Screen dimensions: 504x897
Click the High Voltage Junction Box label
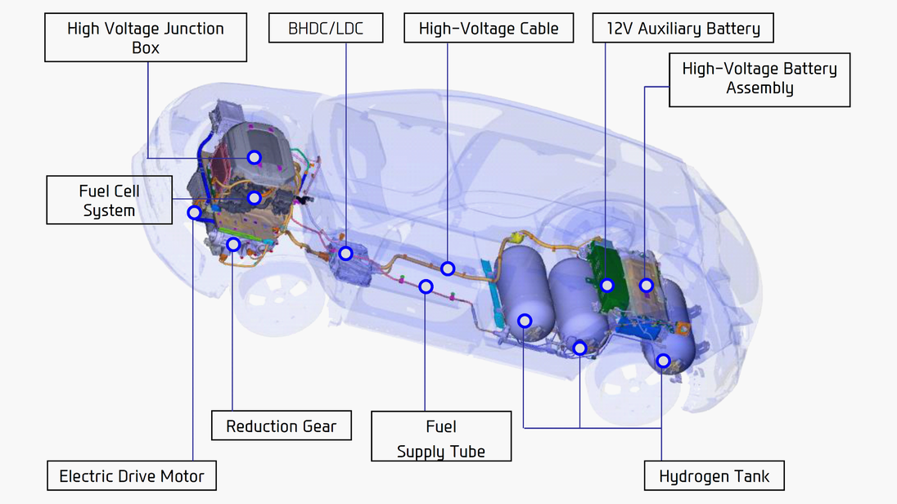click(146, 38)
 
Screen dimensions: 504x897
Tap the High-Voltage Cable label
click(489, 29)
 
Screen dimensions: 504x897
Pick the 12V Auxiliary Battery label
click(683, 29)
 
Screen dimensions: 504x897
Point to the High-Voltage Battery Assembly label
click(760, 79)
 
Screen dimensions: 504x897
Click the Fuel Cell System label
click(110, 200)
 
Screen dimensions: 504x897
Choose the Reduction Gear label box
click(281, 426)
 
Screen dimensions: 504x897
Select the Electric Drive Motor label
click(132, 476)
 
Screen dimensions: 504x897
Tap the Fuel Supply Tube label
click(441, 439)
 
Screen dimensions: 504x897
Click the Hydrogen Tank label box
click(714, 476)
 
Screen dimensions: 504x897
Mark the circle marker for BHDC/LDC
click(346, 254)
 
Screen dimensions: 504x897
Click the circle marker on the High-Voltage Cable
click(448, 268)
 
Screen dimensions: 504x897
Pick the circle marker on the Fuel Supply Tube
click(426, 286)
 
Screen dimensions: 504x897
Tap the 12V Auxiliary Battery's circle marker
click(606, 286)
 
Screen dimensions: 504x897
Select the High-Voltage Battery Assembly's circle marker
click(646, 286)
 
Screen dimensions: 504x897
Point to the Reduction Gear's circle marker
click(233, 244)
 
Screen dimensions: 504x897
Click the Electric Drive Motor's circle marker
click(194, 213)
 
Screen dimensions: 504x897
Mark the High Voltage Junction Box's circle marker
click(255, 157)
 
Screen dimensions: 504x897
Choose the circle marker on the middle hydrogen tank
click(579, 348)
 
